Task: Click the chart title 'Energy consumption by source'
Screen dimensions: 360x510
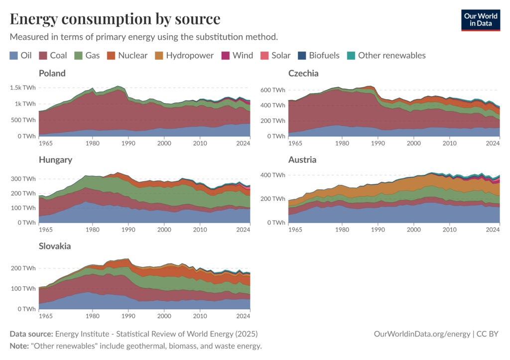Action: (x=115, y=19)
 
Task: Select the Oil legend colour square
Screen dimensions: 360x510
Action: (x=13, y=55)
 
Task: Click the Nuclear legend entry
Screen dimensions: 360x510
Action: (x=127, y=55)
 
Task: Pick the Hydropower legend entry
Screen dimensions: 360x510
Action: (x=184, y=55)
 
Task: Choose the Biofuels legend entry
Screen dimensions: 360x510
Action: (x=318, y=55)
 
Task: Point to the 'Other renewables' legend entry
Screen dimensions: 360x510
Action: (x=386, y=55)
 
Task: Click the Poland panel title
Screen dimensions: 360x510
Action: (x=52, y=73)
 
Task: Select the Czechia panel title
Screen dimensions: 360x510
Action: (x=303, y=73)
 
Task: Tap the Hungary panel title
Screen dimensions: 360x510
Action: (x=55, y=160)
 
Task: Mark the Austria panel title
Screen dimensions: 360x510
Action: (x=302, y=160)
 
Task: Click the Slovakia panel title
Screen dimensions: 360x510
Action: (x=55, y=246)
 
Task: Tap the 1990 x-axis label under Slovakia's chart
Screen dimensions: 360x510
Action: (x=128, y=315)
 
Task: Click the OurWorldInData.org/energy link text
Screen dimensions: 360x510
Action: (x=421, y=334)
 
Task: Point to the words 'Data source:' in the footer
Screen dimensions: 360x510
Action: (x=31, y=334)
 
